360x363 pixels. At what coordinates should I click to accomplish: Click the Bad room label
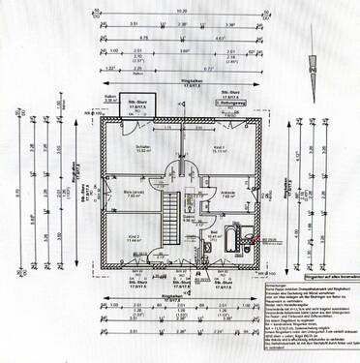(210, 232)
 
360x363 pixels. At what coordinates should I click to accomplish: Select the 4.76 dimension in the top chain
(141, 38)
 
